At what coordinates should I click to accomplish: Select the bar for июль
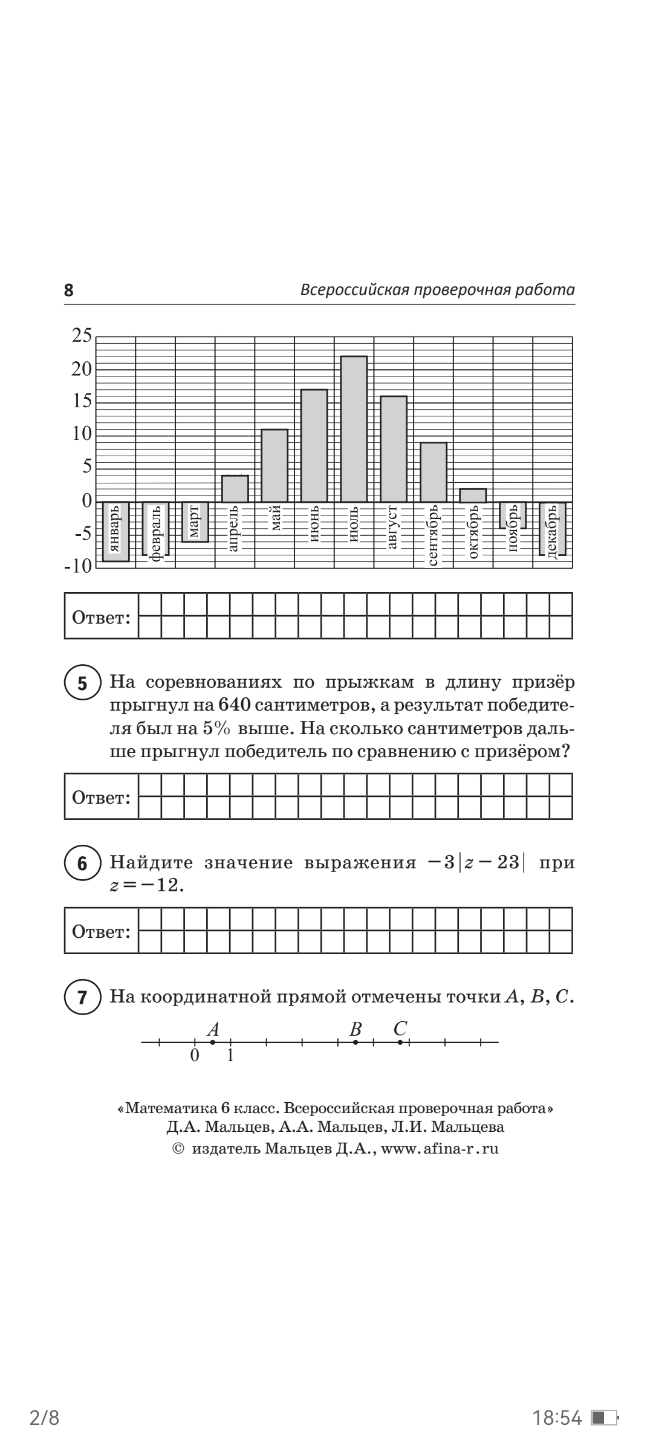(x=354, y=428)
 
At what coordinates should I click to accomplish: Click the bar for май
(x=275, y=465)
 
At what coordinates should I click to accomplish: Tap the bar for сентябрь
(x=434, y=472)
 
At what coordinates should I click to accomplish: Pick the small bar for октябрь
(x=473, y=496)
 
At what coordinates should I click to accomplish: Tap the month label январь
(x=115, y=529)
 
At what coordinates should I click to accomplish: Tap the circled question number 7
(x=82, y=998)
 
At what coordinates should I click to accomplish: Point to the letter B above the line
(x=356, y=1029)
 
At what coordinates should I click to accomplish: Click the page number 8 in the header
(x=69, y=291)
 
